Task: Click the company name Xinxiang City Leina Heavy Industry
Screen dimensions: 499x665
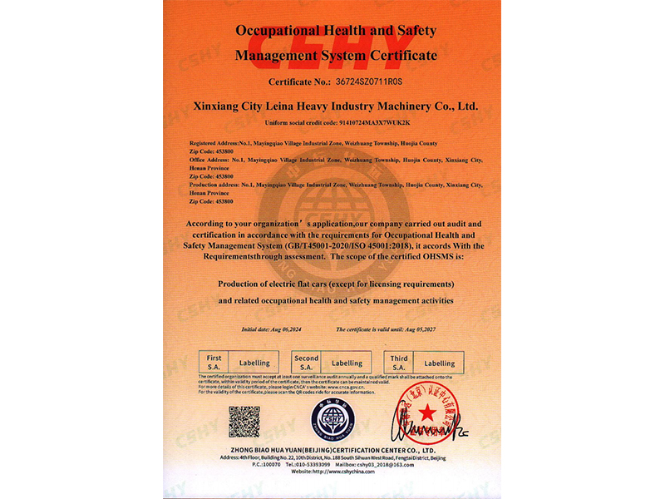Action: [335, 107]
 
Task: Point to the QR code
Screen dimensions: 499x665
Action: [244, 422]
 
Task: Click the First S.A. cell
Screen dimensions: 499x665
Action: [214, 362]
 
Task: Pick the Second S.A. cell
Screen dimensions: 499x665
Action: [306, 362]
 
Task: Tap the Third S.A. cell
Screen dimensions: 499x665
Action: [398, 362]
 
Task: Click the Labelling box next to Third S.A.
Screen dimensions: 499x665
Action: [440, 363]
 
